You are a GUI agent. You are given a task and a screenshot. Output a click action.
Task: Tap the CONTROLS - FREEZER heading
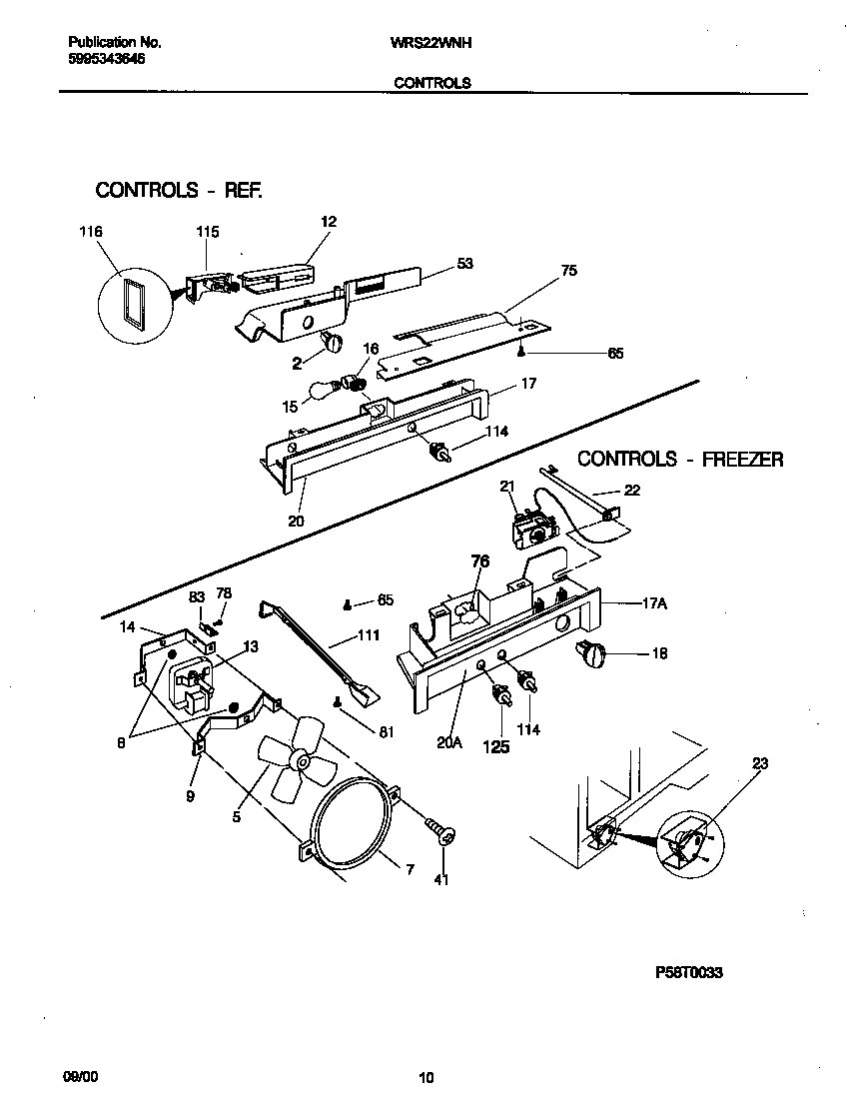coord(680,460)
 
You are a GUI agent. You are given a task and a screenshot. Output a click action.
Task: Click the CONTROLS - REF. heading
coord(179,190)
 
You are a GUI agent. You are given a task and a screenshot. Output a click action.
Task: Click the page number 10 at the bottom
coord(426,1077)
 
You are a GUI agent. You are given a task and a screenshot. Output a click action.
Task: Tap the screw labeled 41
coord(440,829)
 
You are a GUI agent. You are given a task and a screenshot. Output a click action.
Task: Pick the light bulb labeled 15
coord(322,390)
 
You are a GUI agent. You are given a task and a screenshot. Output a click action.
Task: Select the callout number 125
coord(495,745)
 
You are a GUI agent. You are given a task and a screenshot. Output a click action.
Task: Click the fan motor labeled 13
coord(192,679)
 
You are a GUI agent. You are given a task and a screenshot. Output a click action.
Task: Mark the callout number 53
coord(464,264)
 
